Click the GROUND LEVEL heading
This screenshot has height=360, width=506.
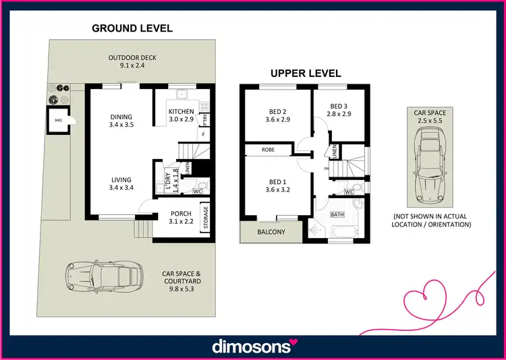click(x=132, y=28)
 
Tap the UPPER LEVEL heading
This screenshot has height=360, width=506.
click(x=306, y=73)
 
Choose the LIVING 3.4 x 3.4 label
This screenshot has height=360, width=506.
click(x=121, y=183)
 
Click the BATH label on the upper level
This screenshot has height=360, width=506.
click(x=337, y=214)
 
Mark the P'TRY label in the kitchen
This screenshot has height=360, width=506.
click(x=204, y=119)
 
